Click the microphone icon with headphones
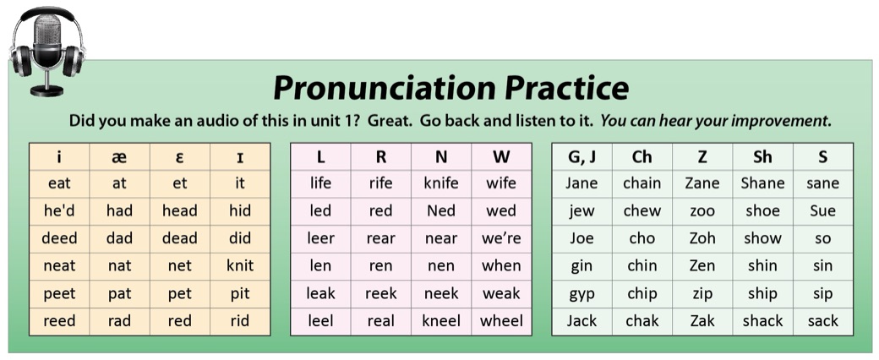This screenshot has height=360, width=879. tap(47, 51)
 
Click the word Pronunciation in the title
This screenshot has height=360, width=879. tap(384, 88)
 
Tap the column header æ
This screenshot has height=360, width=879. tap(119, 157)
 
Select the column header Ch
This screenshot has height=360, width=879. tap(642, 157)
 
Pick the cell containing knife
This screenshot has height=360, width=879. tap(441, 183)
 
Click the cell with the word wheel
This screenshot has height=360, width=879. tap(501, 321)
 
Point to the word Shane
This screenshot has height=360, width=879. tap(762, 183)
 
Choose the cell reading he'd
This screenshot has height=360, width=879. tap(59, 210)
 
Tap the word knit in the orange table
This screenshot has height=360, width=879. tap(240, 265)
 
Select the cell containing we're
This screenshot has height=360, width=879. tap(501, 238)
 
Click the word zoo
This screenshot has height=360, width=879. tap(702, 211)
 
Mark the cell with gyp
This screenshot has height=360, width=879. tap(581, 294)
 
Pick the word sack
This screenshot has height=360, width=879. tap(823, 321)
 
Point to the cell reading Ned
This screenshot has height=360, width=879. tap(441, 210)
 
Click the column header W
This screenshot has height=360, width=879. tap(501, 157)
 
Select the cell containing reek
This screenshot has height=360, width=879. tap(381, 294)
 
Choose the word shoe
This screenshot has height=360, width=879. tap(762, 210)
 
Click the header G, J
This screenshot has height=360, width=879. tap(581, 157)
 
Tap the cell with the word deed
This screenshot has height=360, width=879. tap(59, 238)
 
